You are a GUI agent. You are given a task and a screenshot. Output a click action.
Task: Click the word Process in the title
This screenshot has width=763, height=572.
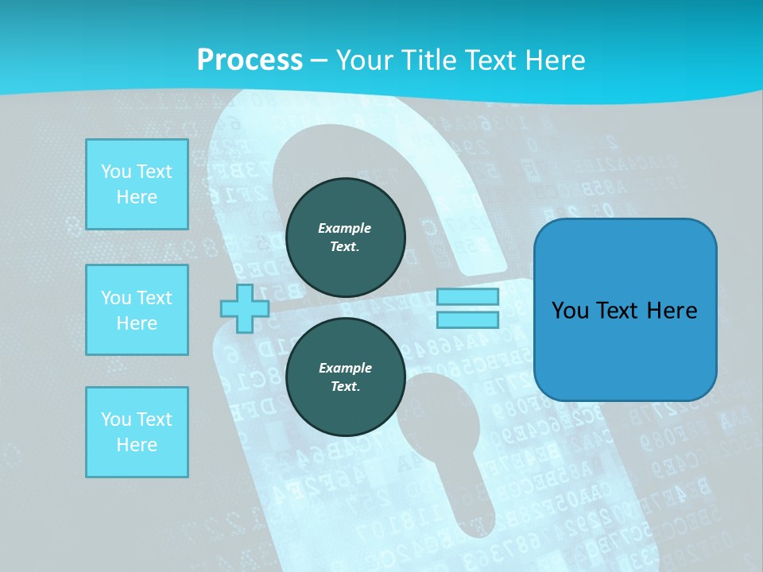(x=250, y=60)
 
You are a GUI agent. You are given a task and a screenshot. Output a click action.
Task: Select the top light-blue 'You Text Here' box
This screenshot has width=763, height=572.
(x=137, y=184)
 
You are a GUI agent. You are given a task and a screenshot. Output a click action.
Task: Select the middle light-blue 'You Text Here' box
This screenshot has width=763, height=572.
(x=137, y=310)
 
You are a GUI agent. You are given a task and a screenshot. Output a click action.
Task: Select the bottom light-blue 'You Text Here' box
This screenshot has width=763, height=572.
(x=137, y=432)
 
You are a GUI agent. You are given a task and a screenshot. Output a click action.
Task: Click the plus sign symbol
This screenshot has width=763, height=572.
(x=245, y=308)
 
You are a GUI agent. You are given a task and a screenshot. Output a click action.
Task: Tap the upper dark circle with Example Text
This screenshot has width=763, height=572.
(x=345, y=238)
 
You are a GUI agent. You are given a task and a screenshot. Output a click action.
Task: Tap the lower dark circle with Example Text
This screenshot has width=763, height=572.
(x=345, y=377)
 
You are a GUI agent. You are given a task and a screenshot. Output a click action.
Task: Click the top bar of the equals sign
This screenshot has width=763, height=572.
(x=467, y=297)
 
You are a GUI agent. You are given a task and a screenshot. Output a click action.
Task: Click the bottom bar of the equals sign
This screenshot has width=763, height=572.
(x=467, y=320)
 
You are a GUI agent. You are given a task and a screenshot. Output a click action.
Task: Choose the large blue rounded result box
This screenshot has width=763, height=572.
(x=625, y=310)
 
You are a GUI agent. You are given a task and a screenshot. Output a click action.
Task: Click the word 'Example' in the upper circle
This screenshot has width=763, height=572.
(x=345, y=229)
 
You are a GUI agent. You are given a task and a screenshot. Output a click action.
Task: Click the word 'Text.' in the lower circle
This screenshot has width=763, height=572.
(x=345, y=387)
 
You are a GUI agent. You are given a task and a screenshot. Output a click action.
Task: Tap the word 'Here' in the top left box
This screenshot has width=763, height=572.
(x=137, y=197)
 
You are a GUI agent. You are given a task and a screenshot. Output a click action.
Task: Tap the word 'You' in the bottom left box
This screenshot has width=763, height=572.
(x=116, y=419)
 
